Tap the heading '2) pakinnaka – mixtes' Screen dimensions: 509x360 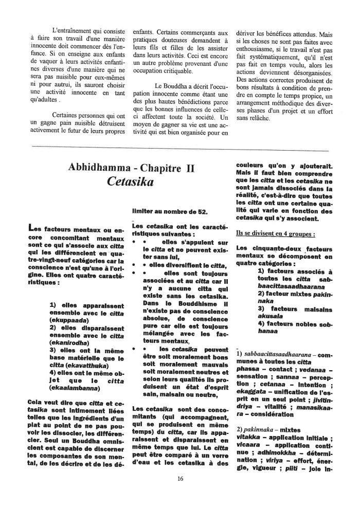tap(269, 427)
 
